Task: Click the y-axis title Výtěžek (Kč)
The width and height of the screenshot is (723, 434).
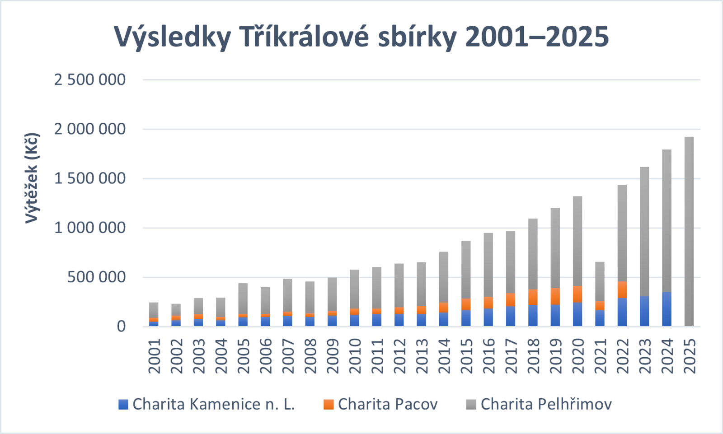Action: coord(32,178)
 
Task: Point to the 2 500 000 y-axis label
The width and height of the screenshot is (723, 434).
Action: coord(90,79)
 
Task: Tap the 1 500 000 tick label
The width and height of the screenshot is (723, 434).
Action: coord(90,178)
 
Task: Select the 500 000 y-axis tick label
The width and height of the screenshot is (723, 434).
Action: coord(96,277)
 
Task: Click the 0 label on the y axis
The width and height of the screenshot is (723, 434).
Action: coord(121,327)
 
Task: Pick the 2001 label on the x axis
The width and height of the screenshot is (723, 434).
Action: coord(154,356)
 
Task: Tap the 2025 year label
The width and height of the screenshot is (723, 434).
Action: coord(690,356)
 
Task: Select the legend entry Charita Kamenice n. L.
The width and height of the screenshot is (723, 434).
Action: coord(207,404)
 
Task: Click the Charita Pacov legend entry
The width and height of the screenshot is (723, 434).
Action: coord(380,404)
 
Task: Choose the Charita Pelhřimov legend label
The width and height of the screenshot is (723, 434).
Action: coord(539,404)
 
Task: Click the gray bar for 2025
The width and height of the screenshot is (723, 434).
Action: coord(689,231)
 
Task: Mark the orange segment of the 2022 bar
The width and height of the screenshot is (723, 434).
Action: coord(622,290)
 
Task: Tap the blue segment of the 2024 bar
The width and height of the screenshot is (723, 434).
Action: coord(667,309)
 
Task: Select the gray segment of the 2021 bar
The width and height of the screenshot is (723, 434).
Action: coord(600,281)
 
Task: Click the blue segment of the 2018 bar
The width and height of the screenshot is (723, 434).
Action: coord(533,316)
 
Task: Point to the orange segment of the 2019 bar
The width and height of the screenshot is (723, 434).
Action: coord(555,296)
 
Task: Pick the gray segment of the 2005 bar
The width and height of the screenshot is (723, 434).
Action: coord(243,299)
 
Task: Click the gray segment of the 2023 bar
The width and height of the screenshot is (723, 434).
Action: coord(644,231)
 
